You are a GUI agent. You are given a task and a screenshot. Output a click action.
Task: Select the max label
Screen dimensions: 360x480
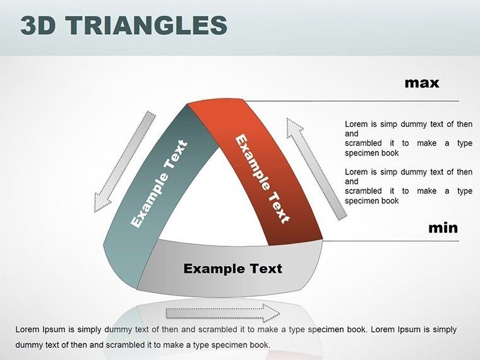421,83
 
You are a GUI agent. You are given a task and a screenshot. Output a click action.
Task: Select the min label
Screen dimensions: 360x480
443,228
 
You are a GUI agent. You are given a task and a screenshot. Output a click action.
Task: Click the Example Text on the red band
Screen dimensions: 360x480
262,179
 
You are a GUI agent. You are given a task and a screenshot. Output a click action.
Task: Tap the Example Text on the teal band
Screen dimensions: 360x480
159,184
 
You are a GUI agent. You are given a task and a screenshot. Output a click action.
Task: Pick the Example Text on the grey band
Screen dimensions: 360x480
232,268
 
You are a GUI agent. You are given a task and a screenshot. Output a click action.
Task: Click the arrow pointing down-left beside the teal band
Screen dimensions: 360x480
124,162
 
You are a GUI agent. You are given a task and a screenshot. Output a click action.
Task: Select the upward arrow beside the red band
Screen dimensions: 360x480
315,168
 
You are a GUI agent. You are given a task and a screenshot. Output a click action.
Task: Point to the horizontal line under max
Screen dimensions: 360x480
379,100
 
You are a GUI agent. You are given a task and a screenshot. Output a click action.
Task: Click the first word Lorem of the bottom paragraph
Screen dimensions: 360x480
27,330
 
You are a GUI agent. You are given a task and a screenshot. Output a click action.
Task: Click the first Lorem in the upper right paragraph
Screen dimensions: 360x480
356,124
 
